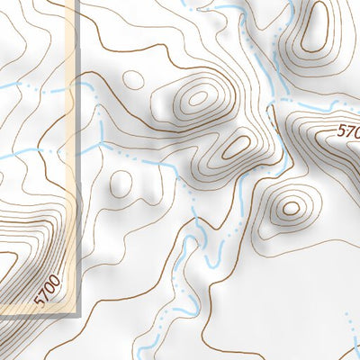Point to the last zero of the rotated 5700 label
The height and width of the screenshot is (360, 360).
click(x=58, y=279)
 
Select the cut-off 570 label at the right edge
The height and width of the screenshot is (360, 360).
click(x=348, y=131)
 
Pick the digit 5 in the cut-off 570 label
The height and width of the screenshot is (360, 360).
click(x=342, y=128)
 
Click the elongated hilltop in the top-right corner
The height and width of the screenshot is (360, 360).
click(x=314, y=34)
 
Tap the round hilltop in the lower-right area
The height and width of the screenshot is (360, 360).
click(x=290, y=209)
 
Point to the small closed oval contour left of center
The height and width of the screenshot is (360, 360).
click(x=120, y=184)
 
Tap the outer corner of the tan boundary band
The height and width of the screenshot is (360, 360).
click(x=76, y=310)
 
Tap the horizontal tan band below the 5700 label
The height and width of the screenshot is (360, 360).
click(x=36, y=310)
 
